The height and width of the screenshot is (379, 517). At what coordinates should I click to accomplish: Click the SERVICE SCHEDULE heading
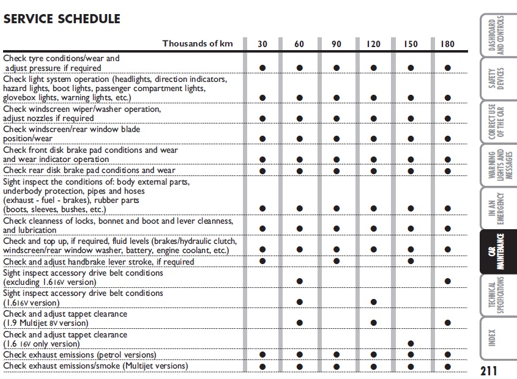click(x=62, y=19)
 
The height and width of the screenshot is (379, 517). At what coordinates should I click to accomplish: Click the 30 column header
click(x=262, y=43)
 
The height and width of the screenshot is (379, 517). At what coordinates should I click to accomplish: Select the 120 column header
click(x=373, y=43)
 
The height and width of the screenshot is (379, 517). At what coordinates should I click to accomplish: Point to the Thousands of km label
click(x=198, y=43)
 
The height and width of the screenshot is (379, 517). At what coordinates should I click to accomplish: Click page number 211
click(x=488, y=370)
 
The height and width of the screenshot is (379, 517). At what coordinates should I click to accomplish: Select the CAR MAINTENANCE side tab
click(x=496, y=252)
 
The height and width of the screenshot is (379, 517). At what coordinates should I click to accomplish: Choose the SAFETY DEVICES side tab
click(x=496, y=79)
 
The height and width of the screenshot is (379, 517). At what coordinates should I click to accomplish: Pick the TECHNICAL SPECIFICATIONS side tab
click(x=496, y=294)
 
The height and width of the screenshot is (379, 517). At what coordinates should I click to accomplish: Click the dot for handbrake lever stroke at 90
click(x=337, y=262)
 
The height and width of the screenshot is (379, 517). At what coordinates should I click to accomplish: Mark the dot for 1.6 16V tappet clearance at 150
click(x=411, y=344)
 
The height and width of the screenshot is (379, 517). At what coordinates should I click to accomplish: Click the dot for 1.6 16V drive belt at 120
click(x=373, y=302)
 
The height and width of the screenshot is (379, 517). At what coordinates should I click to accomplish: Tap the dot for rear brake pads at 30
click(x=262, y=171)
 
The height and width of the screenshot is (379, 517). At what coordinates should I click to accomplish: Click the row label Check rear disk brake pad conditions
click(x=89, y=171)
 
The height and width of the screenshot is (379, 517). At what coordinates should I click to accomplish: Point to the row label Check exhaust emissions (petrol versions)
click(x=80, y=355)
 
